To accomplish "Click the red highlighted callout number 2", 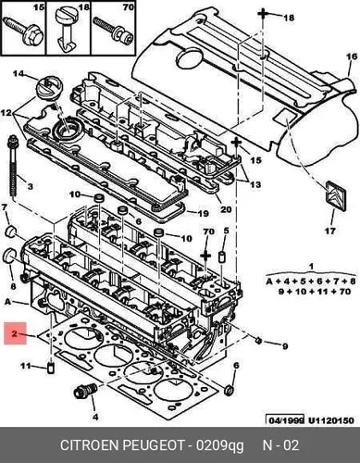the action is (x=15, y=333).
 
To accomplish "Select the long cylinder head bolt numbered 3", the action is (x=13, y=169).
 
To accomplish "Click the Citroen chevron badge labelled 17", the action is (x=336, y=196).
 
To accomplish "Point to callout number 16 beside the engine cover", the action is (x=352, y=56).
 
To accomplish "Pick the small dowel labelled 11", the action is (x=51, y=368).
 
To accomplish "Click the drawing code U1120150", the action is (x=331, y=420).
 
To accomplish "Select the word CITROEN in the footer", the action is (x=89, y=445).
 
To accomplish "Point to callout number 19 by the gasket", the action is (x=203, y=213).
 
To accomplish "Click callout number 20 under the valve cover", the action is (x=226, y=209).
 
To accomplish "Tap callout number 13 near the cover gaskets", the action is (x=255, y=184).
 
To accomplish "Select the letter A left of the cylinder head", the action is (x=8, y=302).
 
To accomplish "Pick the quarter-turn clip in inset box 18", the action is (x=66, y=29).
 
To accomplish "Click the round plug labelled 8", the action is (x=9, y=254).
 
